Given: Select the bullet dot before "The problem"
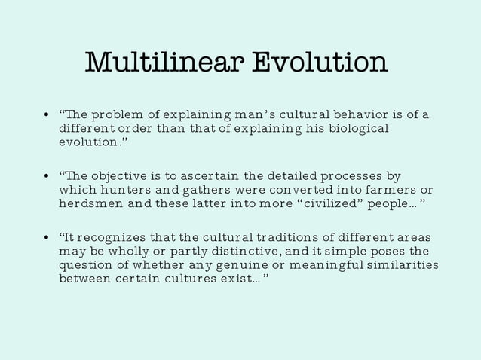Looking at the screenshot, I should tap(46, 116).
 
